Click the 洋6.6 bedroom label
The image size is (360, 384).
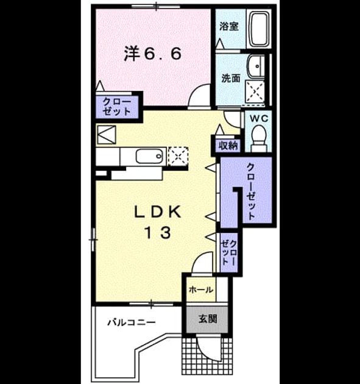(x=153, y=54)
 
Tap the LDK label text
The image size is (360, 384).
(x=158, y=212)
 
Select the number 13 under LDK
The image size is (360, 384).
(x=158, y=232)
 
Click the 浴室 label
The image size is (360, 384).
(x=229, y=26)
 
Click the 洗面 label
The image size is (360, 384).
(x=230, y=79)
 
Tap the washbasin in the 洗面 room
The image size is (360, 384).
(x=256, y=66)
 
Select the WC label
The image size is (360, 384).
(x=259, y=118)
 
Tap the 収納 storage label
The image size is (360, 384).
(x=228, y=146)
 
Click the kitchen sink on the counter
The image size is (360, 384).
(x=149, y=156)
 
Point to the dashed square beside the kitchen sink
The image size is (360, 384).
(x=178, y=156)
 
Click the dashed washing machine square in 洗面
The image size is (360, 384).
(x=255, y=91)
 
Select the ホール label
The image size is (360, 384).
(x=201, y=290)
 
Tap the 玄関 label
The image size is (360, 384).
(x=208, y=319)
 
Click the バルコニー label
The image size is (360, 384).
(x=132, y=322)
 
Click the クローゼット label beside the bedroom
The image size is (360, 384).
(x=116, y=106)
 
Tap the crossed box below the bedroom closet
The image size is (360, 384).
(x=107, y=135)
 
